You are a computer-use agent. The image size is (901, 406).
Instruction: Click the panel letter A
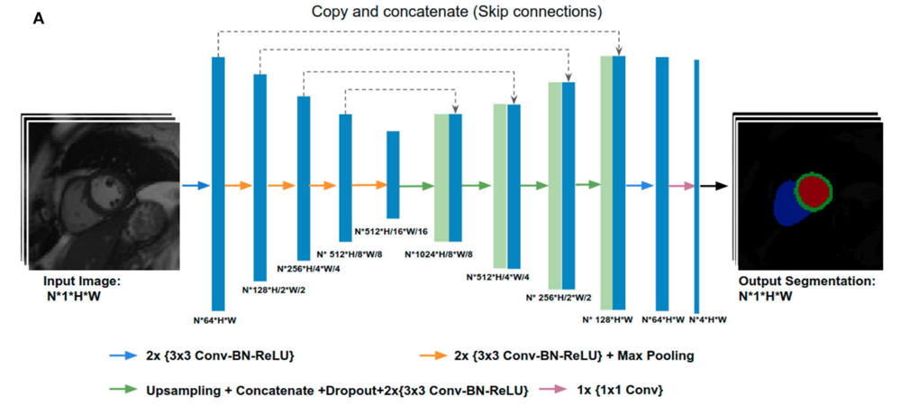[39, 19]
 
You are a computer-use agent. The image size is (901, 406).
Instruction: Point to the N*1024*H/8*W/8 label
[443, 254]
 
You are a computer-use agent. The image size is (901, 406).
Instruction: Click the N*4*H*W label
[707, 319]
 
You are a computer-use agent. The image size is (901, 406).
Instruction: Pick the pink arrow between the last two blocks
[682, 186]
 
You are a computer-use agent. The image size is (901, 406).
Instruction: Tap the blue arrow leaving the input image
[196, 186]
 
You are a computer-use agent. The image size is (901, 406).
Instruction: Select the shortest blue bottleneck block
[393, 175]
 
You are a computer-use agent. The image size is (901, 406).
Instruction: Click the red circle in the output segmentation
[814, 189]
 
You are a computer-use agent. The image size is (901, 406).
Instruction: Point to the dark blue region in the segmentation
[787, 205]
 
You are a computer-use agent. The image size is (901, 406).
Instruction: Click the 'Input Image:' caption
[82, 282]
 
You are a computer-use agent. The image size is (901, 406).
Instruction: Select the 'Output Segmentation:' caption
[807, 282]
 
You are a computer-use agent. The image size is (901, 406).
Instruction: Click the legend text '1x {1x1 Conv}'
[621, 391]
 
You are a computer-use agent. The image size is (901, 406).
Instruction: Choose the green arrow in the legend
[123, 389]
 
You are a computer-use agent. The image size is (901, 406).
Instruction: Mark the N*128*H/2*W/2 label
[275, 290]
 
